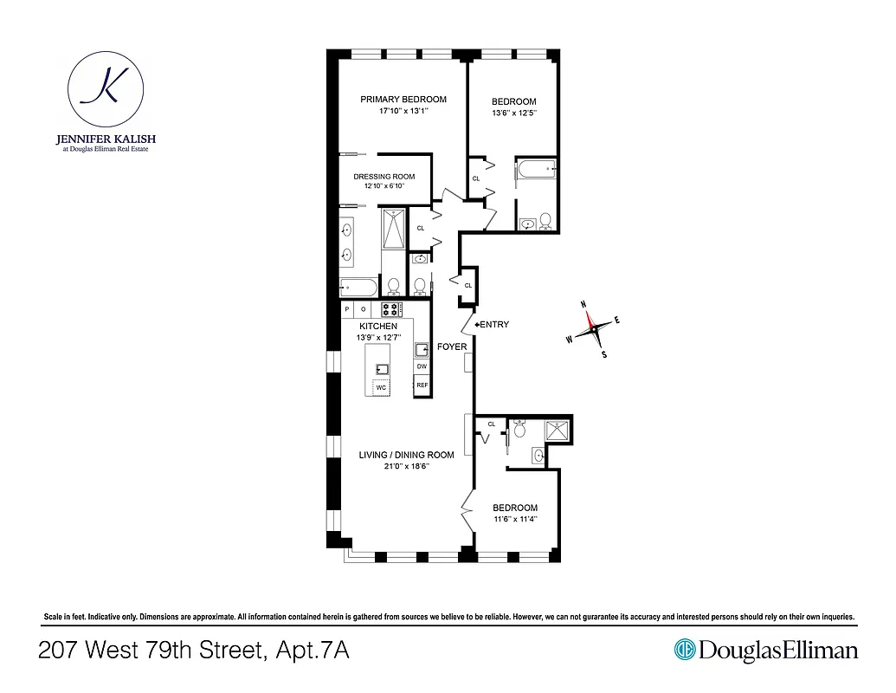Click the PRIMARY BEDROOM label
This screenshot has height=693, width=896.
[403, 100]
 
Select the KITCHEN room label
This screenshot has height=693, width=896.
[378, 327]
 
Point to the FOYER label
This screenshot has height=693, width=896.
[452, 346]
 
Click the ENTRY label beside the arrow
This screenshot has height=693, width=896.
[493, 325]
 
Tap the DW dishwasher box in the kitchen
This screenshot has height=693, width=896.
[422, 366]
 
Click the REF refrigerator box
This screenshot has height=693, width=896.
[422, 385]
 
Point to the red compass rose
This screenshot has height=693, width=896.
[592, 327]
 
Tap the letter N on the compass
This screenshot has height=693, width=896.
[583, 304]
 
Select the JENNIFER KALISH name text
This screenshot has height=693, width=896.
[105, 139]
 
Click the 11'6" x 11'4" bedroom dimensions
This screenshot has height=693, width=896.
[515, 520]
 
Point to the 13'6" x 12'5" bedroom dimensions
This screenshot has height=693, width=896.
[514, 113]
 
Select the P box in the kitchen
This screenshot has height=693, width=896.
[347, 308]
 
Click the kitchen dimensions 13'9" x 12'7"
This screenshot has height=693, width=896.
[378, 337]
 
